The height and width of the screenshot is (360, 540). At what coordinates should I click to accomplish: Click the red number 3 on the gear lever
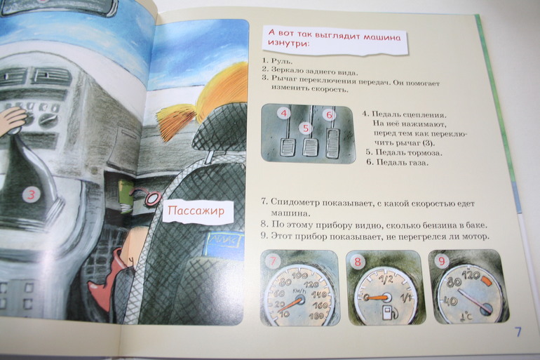(x=31, y=195)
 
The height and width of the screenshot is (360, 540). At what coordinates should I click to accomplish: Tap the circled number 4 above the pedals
(x=284, y=113)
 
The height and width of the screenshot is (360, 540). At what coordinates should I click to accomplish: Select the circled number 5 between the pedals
(x=306, y=128)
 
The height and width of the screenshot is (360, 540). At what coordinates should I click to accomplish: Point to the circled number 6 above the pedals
(x=329, y=114)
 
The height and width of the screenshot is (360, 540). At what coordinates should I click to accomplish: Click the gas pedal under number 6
(x=332, y=143)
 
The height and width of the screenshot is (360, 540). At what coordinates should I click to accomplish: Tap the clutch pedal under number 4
(x=288, y=147)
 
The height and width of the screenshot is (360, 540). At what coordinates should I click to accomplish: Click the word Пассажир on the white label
(x=196, y=211)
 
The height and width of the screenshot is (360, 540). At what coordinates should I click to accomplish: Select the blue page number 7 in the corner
(x=518, y=332)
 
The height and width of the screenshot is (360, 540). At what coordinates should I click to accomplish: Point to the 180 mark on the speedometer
(x=316, y=316)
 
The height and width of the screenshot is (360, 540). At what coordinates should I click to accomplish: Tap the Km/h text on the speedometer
(x=298, y=291)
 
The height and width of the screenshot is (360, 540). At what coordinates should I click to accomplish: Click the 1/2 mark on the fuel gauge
(x=386, y=279)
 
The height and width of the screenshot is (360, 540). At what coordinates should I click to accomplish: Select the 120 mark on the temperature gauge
(x=471, y=275)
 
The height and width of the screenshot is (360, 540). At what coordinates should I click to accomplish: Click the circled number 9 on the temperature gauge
(x=441, y=261)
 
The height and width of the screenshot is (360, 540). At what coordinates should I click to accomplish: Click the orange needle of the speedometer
(x=291, y=304)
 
